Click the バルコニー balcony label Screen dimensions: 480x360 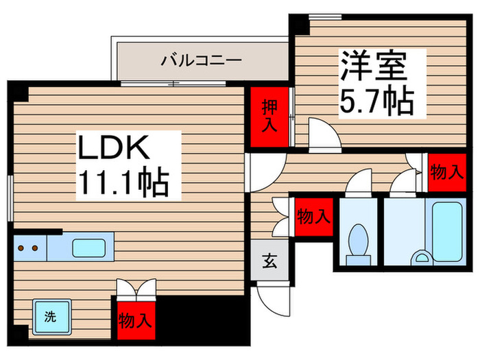201,60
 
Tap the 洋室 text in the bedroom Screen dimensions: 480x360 374,66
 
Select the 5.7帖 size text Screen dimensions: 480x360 377,100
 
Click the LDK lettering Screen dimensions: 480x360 114,147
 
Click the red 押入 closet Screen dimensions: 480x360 269,117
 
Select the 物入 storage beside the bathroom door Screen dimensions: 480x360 447,173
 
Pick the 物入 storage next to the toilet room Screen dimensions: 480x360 314,217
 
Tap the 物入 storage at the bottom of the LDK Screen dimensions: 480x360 136,321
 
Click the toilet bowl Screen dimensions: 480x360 358,240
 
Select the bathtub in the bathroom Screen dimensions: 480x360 447,232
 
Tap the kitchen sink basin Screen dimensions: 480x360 89,248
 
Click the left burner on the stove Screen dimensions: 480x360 21,248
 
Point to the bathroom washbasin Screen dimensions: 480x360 422,258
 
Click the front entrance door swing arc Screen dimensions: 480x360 269,303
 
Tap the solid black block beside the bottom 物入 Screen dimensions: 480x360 203,320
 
